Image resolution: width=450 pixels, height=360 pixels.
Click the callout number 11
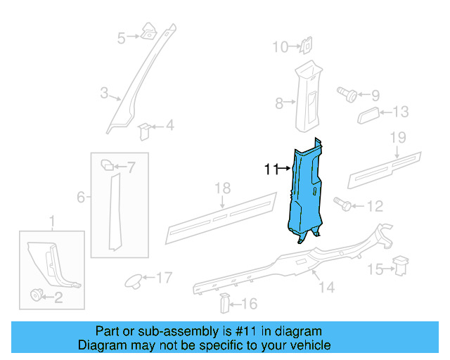coord(271,169)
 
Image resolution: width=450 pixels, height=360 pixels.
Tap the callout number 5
coord(121,37)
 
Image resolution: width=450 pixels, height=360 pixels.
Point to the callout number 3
coord(104,93)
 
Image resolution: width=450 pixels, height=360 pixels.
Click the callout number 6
coord(81,198)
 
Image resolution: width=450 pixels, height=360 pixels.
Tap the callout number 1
coord(51,224)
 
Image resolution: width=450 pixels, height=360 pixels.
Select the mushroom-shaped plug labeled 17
coord(131,280)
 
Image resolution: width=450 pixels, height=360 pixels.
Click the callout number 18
coord(222,188)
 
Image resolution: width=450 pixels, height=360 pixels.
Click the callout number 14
coord(326,287)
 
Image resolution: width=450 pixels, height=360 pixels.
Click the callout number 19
coord(398,136)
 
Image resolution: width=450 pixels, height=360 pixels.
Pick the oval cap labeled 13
coord(369,115)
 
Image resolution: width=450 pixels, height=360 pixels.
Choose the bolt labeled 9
coord(347,94)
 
